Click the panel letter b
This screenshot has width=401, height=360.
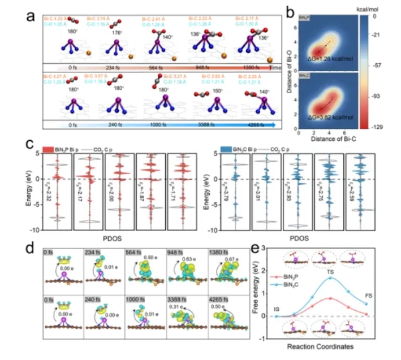(x=290, y=11)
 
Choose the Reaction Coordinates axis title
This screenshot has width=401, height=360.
(x=323, y=345)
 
